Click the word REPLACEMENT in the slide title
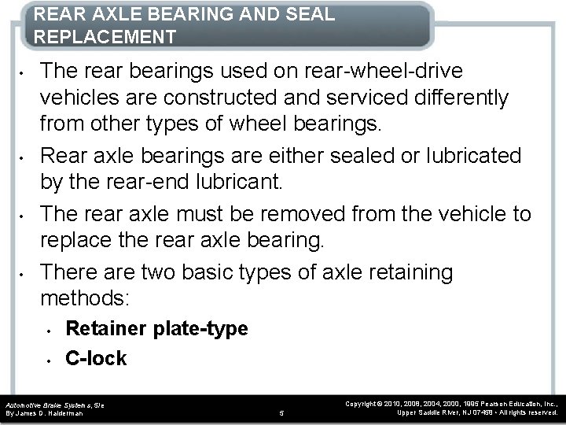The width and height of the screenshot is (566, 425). tap(105, 37)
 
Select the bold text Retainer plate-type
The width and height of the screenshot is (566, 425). tap(156, 329)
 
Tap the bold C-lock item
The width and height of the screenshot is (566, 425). tap(96, 358)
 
